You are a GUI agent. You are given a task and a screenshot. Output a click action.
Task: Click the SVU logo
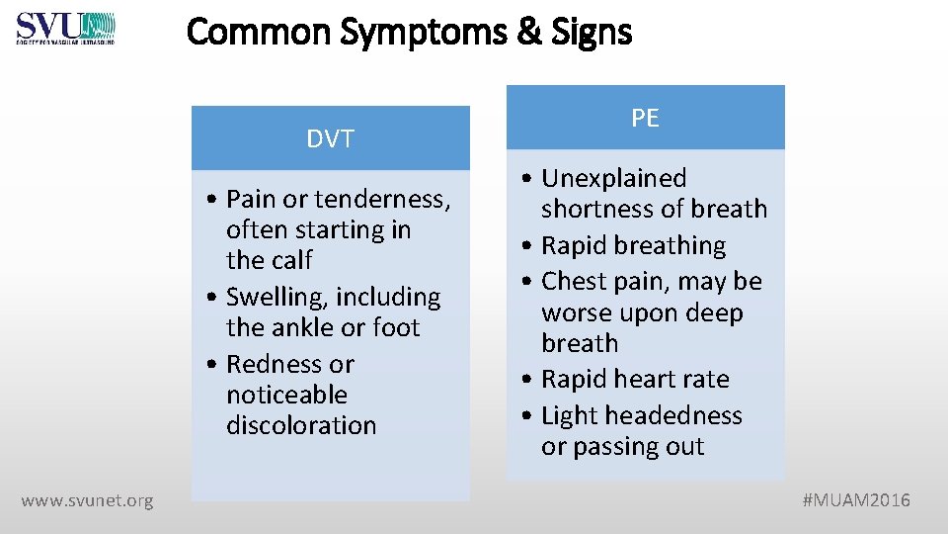[x=65, y=28]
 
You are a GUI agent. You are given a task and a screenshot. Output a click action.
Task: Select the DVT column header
[x=330, y=139]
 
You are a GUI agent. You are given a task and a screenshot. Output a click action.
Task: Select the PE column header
[x=645, y=119]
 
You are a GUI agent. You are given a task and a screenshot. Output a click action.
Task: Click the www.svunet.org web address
[x=87, y=500]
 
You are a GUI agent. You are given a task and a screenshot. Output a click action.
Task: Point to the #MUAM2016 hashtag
[x=856, y=500]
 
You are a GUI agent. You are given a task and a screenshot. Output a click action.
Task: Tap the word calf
[x=289, y=261]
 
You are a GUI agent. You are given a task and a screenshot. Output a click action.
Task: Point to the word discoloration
[x=301, y=426]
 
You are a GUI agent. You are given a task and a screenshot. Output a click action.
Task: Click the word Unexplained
[x=613, y=179]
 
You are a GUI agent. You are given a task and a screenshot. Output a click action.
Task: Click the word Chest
[x=574, y=282]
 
